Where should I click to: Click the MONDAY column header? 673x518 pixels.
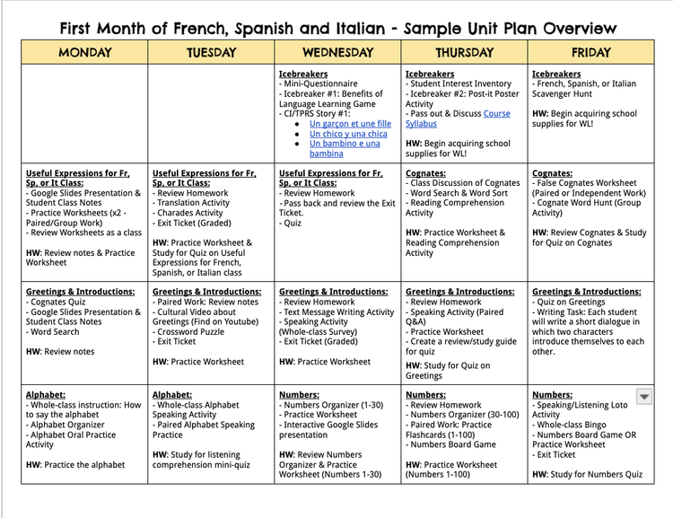85,53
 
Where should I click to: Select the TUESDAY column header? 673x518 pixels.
211,53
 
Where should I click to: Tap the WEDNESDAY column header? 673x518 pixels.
337,53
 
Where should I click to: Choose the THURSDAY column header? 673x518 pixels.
464,53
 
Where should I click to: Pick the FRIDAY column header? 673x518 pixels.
590,53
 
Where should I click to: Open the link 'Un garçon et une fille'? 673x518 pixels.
350,123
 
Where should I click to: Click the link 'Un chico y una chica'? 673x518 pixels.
348,134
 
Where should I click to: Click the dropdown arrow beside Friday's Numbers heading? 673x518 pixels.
644,396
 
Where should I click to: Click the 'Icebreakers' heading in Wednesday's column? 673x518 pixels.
303,75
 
